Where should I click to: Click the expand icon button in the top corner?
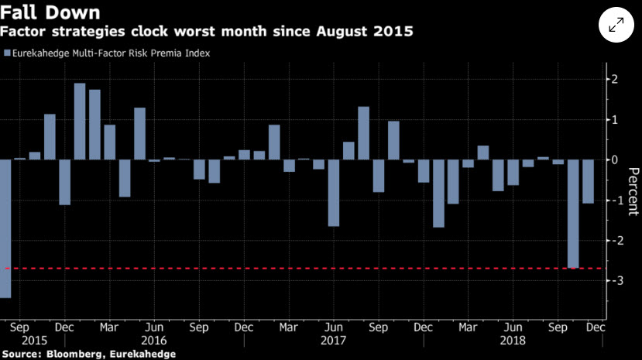coord(616,26)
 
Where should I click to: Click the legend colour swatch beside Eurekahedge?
coord(8,53)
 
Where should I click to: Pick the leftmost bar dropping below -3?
coord(5,228)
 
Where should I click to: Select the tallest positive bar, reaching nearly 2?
coord(80,121)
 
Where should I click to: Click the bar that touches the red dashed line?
coord(573,213)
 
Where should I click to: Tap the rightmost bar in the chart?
coord(589,181)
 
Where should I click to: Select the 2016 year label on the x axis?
coord(155,340)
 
